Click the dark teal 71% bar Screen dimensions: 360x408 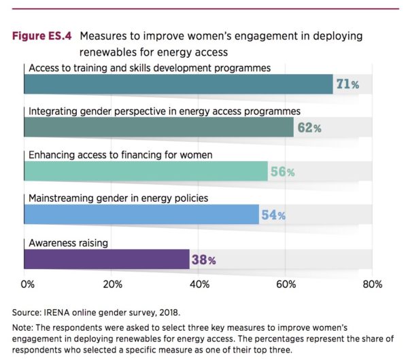[x=178, y=84]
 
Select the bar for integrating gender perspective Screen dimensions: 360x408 [x=158, y=127]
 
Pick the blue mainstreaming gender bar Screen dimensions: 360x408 [x=141, y=215]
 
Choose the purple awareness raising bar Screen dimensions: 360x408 [x=107, y=259]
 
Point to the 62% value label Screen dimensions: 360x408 [x=307, y=128]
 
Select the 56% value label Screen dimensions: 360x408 [x=282, y=172]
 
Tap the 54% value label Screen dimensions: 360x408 [x=273, y=215]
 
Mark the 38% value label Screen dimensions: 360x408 [x=203, y=259]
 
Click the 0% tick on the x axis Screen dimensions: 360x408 [x=27, y=283]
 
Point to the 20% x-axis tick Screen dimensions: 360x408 [x=112, y=283]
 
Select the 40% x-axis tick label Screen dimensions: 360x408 [x=199, y=283]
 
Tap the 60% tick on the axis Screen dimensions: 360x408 [x=285, y=283]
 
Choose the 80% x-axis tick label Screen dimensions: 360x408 [x=372, y=283]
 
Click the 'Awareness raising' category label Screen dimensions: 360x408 [x=69, y=242]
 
